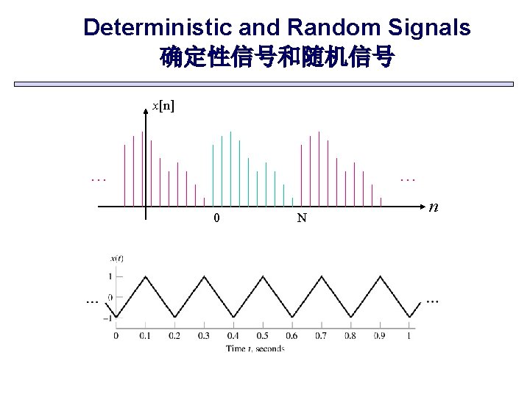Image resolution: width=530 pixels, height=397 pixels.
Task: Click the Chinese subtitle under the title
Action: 277,57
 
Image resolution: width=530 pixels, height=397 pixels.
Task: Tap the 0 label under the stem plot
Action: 216,218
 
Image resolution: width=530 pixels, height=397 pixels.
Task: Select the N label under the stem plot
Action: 302,218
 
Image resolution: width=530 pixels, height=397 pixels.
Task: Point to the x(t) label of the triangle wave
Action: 116,257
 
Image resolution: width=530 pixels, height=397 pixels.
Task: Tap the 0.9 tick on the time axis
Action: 379,336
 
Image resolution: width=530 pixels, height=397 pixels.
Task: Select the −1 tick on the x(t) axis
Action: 108,318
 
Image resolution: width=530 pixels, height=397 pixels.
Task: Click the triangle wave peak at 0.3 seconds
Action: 204,276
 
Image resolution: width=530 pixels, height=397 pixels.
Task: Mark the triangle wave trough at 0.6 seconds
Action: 291,318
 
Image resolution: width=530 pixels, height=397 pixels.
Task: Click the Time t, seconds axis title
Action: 255,348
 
